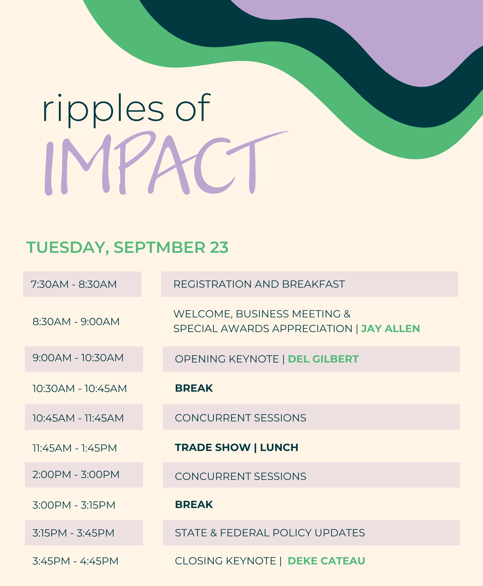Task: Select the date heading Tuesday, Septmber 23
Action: coord(127,248)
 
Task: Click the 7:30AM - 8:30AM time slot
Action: coord(74,284)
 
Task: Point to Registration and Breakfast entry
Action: coord(259,284)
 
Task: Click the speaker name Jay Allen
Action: coord(390,329)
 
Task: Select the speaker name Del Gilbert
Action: coord(323,359)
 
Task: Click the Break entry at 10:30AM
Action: coord(194,388)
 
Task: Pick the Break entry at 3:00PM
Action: coord(194,504)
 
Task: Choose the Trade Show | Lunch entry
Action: coord(236,447)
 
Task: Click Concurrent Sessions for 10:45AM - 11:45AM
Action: coord(240,418)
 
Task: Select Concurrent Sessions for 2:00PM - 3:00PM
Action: coord(240,476)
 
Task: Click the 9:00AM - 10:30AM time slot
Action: coord(78,358)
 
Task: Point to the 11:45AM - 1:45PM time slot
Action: coord(75,448)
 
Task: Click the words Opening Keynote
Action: coord(227,359)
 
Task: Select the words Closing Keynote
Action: coord(225,561)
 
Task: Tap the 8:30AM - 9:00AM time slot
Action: coord(76,322)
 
